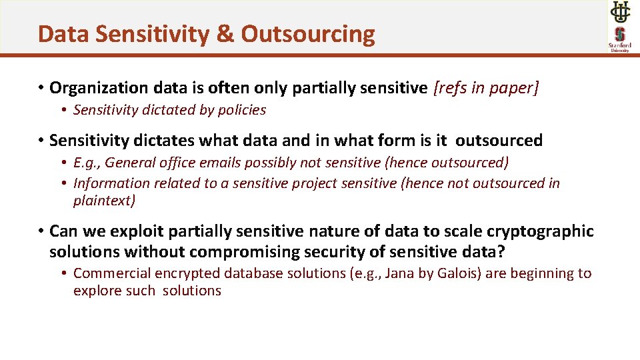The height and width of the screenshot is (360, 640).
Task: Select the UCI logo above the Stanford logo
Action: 619,12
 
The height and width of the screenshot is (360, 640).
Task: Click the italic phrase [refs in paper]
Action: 486,87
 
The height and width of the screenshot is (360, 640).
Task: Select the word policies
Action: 241,111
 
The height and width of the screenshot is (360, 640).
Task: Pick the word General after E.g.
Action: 131,163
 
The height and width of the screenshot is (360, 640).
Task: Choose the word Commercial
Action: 111,273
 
